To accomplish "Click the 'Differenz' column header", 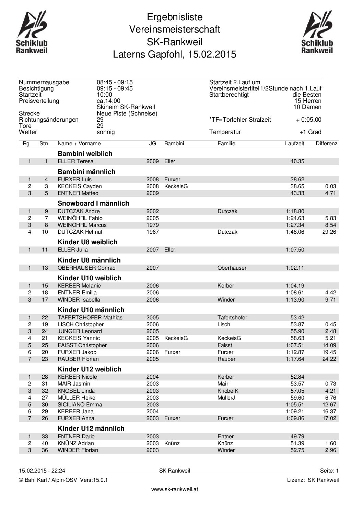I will pos(326,144).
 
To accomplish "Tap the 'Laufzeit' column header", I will pos(294,144).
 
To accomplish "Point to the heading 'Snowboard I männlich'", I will pos(93,203).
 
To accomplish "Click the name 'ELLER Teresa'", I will pos(75,161).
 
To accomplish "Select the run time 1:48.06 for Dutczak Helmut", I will pos(295,232).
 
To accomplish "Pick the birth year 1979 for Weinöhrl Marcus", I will pos(152,225).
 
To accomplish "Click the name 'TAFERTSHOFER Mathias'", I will pos(90,318).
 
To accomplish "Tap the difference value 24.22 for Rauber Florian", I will pos(330,359).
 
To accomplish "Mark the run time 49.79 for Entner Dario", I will pos(297,437).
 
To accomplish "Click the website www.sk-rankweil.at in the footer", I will pos(175,489).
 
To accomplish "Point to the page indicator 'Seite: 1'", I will pos(329,471).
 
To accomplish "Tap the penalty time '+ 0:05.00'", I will pos(308,120).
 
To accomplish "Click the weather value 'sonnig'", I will pos(106,132).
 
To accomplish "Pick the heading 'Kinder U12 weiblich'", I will pos(90,369).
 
